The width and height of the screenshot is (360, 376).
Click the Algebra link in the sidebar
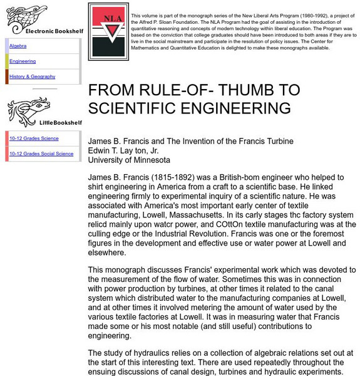(18, 46)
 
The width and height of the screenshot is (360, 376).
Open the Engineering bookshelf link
(23, 61)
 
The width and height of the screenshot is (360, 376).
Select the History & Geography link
(33, 76)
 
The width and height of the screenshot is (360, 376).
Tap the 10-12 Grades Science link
(34, 138)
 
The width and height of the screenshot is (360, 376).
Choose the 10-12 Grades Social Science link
(41, 154)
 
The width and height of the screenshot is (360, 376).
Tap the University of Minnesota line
(125, 159)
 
